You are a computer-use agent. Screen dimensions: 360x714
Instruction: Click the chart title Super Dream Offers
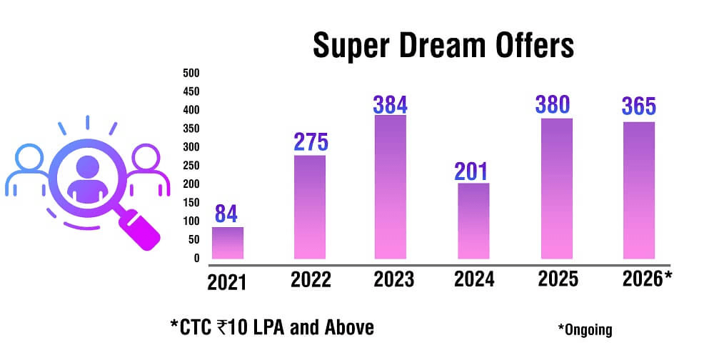[443, 46]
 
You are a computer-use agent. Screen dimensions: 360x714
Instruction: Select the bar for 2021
[228, 243]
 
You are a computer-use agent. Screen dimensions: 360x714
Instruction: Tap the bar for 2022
[310, 207]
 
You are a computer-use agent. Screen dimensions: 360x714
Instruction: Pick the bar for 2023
[391, 187]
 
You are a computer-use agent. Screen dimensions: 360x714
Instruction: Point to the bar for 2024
[473, 221]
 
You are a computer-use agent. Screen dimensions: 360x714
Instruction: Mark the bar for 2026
[638, 191]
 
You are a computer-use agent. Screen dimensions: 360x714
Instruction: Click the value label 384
[391, 104]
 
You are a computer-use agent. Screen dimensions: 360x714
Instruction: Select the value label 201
[472, 171]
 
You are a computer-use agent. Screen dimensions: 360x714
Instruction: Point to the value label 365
[638, 108]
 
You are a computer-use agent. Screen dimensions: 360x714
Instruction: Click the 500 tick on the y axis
[191, 73]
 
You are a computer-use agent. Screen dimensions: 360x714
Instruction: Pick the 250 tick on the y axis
[191, 166]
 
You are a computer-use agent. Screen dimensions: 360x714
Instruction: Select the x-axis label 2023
[393, 279]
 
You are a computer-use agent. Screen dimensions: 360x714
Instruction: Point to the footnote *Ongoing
[585, 329]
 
